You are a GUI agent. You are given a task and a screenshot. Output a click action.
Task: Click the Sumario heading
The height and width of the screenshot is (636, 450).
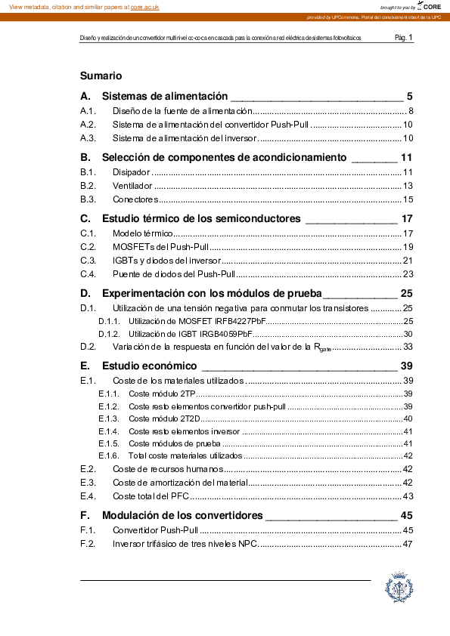101,76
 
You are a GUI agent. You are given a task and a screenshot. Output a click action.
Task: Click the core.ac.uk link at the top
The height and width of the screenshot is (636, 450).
144,6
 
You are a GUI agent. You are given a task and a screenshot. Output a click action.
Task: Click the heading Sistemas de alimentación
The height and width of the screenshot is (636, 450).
164,96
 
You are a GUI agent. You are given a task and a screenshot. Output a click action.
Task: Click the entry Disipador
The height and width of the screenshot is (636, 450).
132,173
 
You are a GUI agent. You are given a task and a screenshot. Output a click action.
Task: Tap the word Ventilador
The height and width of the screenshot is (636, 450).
132,186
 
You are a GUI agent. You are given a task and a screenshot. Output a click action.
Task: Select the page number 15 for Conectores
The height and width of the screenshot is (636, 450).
407,199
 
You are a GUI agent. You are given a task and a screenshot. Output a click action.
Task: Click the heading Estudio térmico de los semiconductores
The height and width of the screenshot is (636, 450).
201,218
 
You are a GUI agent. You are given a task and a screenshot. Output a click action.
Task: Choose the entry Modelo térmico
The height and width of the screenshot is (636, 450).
143,234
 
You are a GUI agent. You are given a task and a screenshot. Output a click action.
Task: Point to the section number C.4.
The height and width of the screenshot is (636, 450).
88,274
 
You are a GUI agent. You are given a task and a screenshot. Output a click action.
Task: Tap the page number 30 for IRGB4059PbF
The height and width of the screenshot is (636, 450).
407,334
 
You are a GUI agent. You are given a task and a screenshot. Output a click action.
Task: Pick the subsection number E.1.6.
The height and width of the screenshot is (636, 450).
109,455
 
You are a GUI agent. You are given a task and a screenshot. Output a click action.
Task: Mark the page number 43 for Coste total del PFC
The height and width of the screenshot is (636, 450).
407,496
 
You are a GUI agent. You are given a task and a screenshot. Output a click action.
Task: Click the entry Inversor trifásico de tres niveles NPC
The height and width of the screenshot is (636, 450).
185,544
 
